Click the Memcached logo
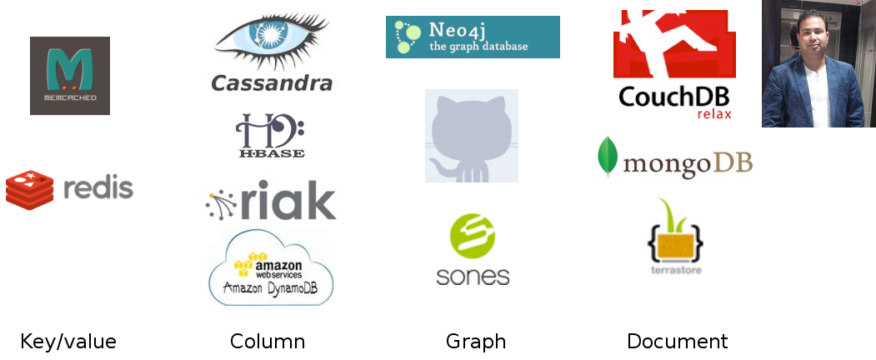70,76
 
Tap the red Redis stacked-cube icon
29,189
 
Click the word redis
98,188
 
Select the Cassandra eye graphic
271,40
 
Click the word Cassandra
272,83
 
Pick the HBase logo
271,136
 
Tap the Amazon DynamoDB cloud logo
272,269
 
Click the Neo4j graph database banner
473,37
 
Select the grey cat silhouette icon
471,136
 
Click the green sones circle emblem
473,235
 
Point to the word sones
473,275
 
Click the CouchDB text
673,97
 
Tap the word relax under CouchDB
713,114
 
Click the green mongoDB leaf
608,156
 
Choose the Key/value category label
68,342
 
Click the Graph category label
476,342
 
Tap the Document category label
678,342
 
